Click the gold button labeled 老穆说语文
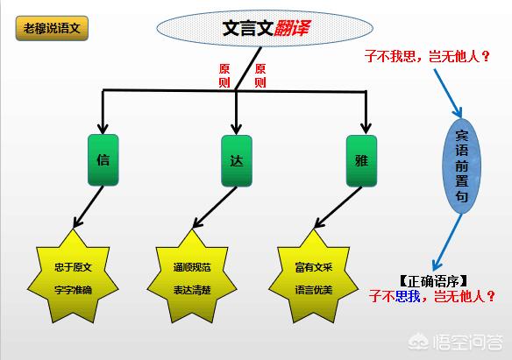pyautogui.click(x=52, y=28)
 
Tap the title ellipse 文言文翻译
pyautogui.click(x=265, y=28)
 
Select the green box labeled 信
pyautogui.click(x=103, y=159)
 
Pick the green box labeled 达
pyautogui.click(x=237, y=161)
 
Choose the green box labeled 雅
pyautogui.click(x=361, y=161)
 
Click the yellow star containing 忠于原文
pyautogui.click(x=73, y=277)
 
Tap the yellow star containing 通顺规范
pyautogui.click(x=192, y=277)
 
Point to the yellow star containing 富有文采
pyautogui.click(x=314, y=277)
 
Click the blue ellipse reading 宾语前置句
pyautogui.click(x=461, y=166)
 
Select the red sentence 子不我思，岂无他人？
pyautogui.click(x=427, y=56)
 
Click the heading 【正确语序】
pyautogui.click(x=433, y=281)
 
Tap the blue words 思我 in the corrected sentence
pyautogui.click(x=408, y=296)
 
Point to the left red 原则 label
pyautogui.click(x=224, y=75)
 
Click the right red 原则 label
pyautogui.click(x=260, y=75)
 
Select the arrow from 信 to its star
pyautogui.click(x=89, y=207)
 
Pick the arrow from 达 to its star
pyautogui.click(x=215, y=207)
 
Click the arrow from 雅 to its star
pyautogui.click(x=338, y=207)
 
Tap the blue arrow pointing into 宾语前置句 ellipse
pyautogui.click(x=448, y=93)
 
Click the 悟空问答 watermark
pyautogui.click(x=457, y=342)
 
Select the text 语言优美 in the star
pyautogui.click(x=314, y=290)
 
